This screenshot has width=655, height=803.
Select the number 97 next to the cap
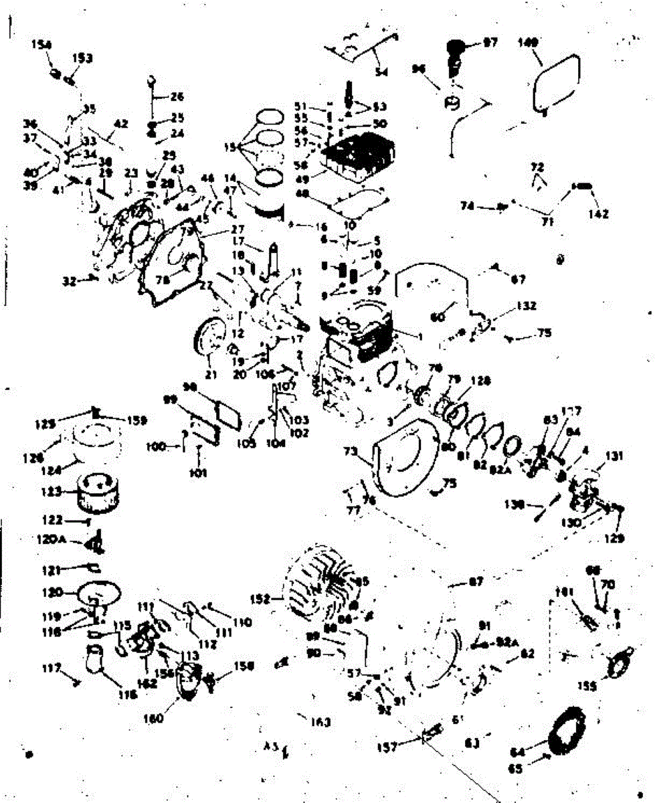point(490,43)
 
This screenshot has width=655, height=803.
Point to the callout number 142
point(598,214)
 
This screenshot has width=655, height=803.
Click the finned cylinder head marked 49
point(355,159)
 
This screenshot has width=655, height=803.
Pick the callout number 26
point(177,96)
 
